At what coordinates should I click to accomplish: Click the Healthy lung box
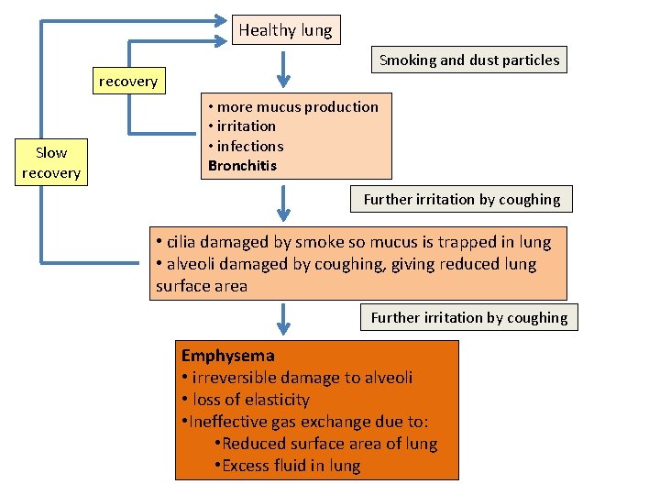[285, 30]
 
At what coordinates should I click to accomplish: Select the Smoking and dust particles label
[469, 60]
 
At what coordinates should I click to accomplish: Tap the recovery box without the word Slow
[128, 82]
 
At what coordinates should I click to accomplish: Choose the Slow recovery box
[51, 163]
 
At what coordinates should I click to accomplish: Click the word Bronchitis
[242, 166]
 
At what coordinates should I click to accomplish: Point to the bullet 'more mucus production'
[297, 106]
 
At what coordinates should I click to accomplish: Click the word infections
[250, 146]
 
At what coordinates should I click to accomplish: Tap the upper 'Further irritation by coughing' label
[461, 199]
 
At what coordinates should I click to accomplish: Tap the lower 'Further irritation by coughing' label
[468, 318]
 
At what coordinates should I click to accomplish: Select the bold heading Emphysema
[228, 356]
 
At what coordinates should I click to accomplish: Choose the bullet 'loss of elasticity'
[250, 400]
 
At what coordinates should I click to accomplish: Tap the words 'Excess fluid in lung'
[291, 466]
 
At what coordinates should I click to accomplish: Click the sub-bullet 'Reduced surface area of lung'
[329, 444]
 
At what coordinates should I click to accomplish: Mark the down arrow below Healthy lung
[284, 67]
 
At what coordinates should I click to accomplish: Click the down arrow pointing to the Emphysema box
[284, 319]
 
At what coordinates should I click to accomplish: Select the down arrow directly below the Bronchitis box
[284, 201]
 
